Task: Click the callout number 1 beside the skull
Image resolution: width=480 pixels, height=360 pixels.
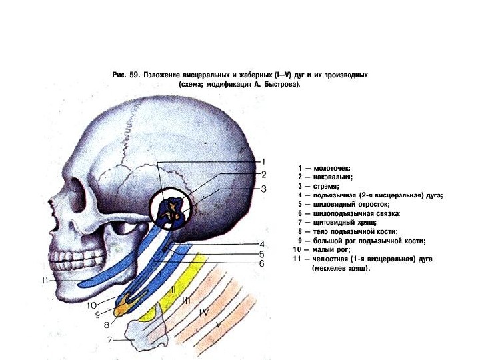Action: [263, 161]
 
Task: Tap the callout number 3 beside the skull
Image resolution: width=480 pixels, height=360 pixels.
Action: [263, 189]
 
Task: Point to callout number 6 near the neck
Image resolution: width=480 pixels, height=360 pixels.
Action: [263, 263]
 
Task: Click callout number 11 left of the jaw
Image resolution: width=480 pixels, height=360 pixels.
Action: [45, 281]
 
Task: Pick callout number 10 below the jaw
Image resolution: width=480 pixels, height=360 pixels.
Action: [92, 305]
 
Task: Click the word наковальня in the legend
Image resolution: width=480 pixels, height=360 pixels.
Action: [333, 177]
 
